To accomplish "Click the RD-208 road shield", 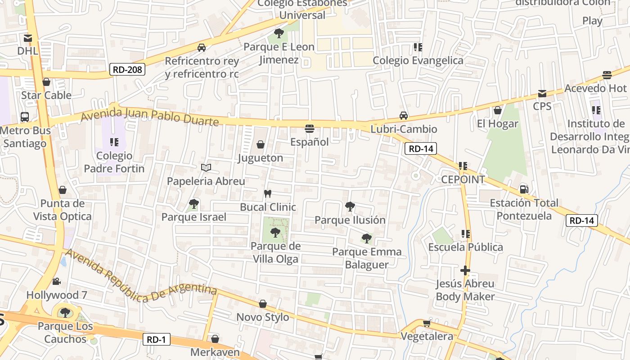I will pos(128,69).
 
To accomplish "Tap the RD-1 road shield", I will pos(157,339).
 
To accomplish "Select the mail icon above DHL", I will pos(28,38).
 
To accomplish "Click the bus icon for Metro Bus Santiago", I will pos(25,117).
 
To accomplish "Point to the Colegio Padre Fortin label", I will pos(114,162).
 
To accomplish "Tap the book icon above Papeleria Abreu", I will pos(206,168).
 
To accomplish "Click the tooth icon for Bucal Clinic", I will pos(268,194).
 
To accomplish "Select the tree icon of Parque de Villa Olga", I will pos(275,233).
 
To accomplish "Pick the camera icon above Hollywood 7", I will pos(56,282).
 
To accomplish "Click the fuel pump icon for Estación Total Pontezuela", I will pos(524,189).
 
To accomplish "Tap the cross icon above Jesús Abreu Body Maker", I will pos(465,270).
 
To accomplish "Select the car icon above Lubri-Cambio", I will pos(404,116).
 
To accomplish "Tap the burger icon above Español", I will pos(309,129).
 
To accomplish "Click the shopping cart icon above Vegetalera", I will pos(427,323).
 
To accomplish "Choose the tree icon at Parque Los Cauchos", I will pos(65,312).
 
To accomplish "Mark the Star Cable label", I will pos(46,95).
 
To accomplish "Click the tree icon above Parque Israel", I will pos(194,204).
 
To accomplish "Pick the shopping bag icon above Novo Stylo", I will pos(263,304).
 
